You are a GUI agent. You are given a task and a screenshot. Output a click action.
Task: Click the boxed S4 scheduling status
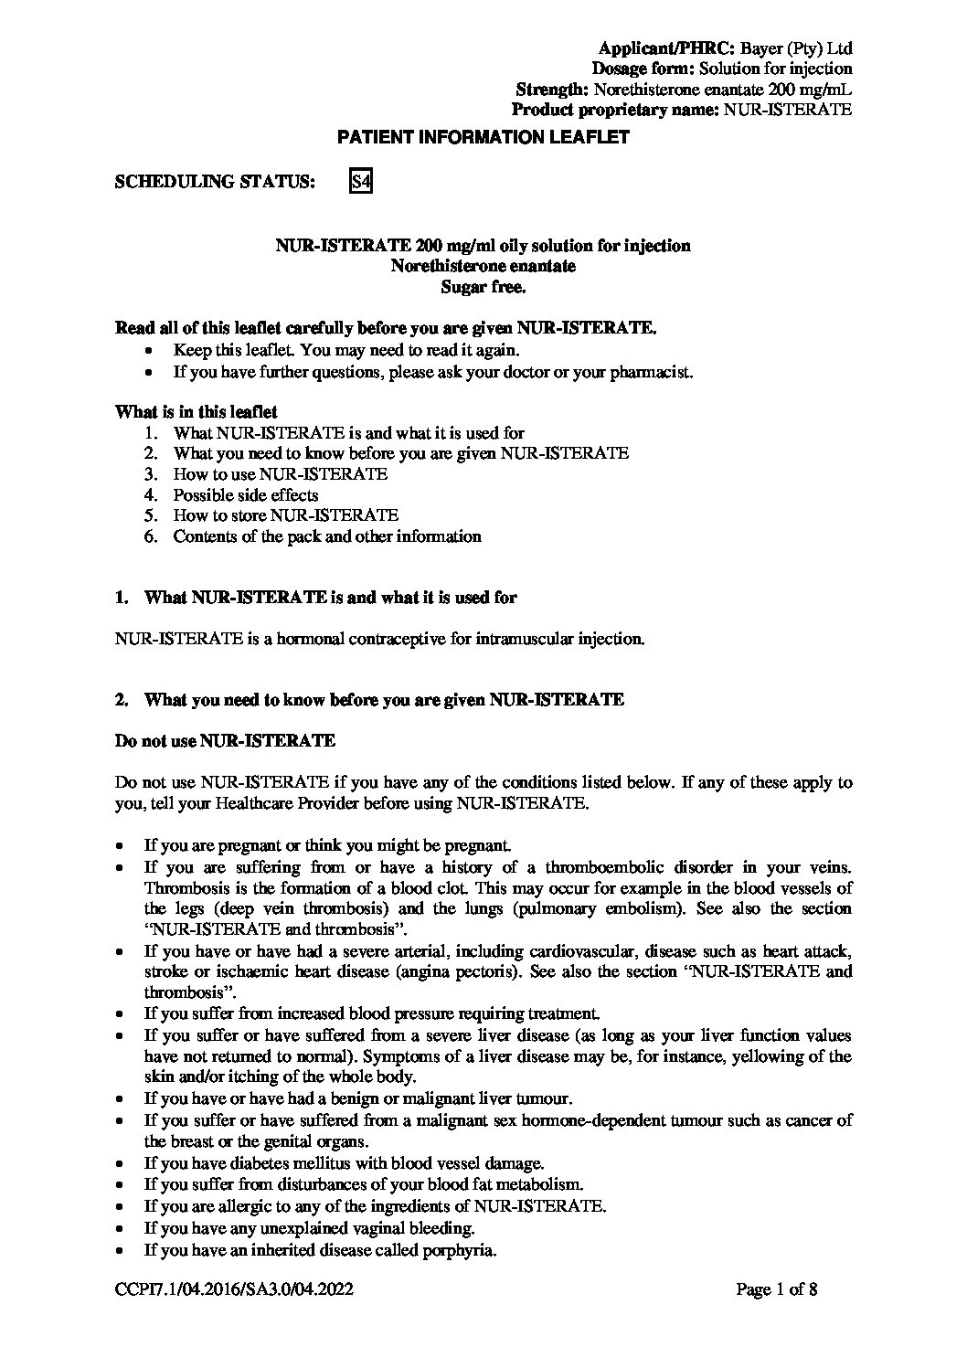coord(361,182)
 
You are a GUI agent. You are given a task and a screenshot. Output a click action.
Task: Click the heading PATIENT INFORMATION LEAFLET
coord(483,138)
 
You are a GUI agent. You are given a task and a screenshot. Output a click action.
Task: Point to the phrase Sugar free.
coord(483,287)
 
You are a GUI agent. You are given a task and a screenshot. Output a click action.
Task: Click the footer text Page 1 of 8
coord(777,1289)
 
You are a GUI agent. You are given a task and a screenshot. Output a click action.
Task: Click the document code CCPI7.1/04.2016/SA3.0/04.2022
coord(234,1289)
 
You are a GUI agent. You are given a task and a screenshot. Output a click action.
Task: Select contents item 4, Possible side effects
coord(246,495)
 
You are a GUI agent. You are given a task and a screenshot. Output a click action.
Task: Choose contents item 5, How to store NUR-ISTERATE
coord(286,515)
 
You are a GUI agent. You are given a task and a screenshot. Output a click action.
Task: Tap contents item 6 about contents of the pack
coord(327,536)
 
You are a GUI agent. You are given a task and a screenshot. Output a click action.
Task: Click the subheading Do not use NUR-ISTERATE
coord(225,741)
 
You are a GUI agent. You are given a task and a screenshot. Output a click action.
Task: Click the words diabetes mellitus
coord(279,1163)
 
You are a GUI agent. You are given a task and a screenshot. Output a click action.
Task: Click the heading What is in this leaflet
coord(197,412)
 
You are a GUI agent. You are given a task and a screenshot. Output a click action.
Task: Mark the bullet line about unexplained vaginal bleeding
coord(309,1228)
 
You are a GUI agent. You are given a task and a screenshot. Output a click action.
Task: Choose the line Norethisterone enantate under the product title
coord(483,266)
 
